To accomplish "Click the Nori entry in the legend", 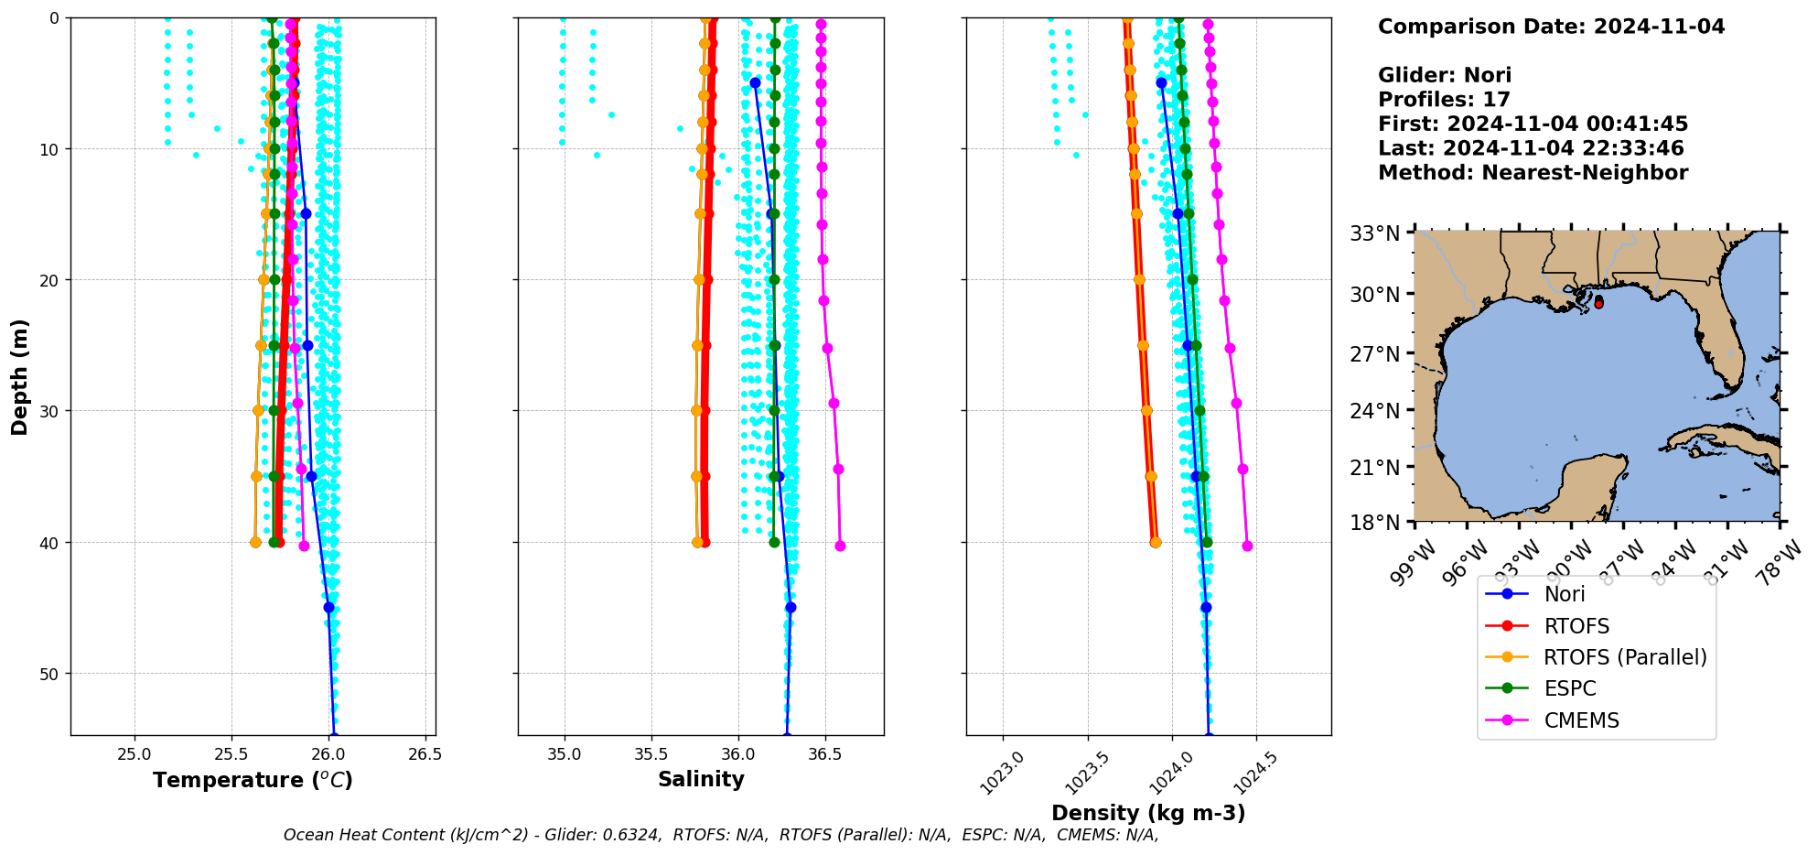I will (1565, 594).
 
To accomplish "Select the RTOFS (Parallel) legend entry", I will (1624, 657).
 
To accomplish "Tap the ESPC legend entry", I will (1569, 689).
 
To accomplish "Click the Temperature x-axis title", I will (253, 780).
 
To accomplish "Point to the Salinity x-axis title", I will (701, 779).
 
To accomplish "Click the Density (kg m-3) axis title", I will (1148, 813).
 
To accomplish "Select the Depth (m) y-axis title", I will (20, 376).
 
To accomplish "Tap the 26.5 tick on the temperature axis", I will (425, 754).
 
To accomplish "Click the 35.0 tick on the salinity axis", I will (565, 754).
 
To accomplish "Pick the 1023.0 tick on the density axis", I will (1001, 774).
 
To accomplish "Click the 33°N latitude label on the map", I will (1375, 234).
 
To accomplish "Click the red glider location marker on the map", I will (1598, 302).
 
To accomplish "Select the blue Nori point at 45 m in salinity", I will (791, 607).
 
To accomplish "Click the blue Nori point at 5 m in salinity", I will (755, 82).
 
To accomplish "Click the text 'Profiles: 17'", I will (1444, 100).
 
